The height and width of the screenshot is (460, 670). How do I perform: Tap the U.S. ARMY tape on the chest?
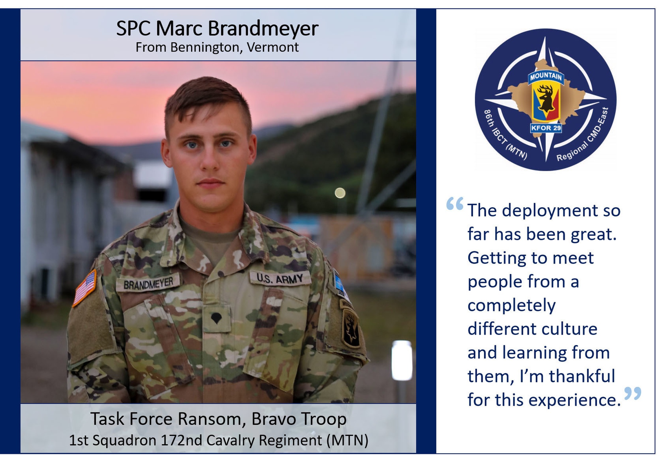(280, 278)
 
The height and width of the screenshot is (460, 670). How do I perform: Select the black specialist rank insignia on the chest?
(216, 317)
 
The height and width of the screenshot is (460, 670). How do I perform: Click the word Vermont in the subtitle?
(273, 47)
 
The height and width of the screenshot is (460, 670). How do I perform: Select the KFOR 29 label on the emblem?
(546, 128)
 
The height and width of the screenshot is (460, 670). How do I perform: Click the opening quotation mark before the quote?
(455, 203)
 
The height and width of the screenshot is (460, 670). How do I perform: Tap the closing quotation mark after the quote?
(633, 393)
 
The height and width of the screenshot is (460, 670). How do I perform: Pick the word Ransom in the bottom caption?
(212, 419)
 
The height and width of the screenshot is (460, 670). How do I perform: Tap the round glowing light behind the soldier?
(340, 193)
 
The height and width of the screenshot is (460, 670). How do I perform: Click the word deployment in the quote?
(550, 211)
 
